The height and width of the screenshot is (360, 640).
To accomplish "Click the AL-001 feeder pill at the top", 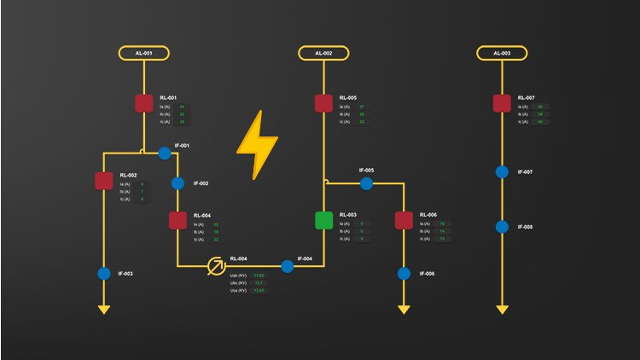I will [143, 53].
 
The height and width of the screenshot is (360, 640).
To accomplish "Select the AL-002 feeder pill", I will [323, 53].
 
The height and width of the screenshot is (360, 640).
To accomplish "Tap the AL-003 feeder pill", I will [502, 53].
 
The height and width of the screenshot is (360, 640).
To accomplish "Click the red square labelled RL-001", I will [143, 103].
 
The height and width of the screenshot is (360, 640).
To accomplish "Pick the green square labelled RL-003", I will [323, 220].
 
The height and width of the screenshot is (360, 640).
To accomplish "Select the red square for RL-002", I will [103, 180].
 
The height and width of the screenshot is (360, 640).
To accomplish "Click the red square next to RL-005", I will [323, 103].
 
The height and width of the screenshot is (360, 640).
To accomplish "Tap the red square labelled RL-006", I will [404, 220].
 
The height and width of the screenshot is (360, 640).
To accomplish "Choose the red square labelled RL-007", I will [502, 103].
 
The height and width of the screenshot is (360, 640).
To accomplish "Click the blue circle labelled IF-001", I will [163, 153].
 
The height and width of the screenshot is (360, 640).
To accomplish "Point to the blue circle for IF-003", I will [103, 274].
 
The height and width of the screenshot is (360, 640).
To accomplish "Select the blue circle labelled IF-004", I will [287, 266].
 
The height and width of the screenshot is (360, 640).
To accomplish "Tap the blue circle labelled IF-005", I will [366, 183].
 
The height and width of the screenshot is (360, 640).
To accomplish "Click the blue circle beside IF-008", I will [502, 227].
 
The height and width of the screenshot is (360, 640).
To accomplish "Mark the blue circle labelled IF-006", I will [404, 274].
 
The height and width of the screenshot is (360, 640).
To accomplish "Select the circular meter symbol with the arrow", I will [218, 266].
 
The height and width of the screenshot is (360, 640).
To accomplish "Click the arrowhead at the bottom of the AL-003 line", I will [502, 309].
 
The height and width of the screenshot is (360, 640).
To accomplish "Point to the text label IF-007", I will [525, 172].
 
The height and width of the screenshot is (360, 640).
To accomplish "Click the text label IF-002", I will [201, 183].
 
